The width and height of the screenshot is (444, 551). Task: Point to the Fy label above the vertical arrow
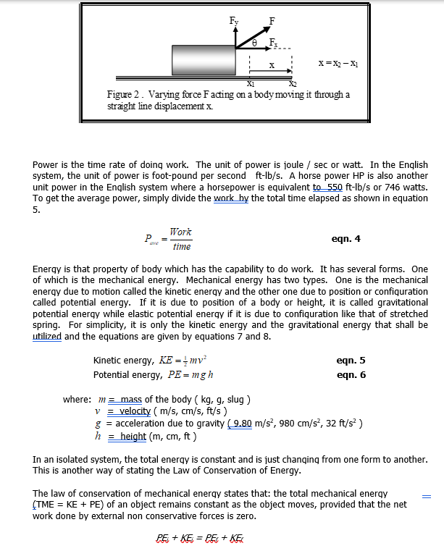[x=234, y=21]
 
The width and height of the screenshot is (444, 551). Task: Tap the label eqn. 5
[x=351, y=359]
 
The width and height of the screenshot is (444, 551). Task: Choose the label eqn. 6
[x=351, y=374]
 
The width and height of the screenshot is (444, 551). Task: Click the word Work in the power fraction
[x=180, y=232]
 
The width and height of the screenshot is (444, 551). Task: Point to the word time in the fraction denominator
[x=181, y=247]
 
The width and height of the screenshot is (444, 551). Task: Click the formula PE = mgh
[x=190, y=375]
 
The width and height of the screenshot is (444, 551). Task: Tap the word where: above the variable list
[x=76, y=400]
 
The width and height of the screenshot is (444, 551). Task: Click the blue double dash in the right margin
[x=427, y=497]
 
